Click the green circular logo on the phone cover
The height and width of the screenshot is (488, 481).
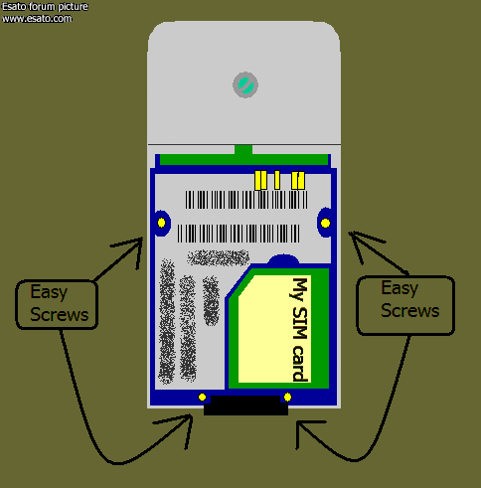click(245, 84)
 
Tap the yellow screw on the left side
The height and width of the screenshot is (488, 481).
click(161, 223)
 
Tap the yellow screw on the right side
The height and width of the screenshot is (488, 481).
click(325, 224)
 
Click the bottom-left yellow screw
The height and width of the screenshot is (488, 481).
click(202, 397)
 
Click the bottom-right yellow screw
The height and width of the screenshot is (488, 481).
click(287, 397)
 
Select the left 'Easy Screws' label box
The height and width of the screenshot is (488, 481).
click(57, 305)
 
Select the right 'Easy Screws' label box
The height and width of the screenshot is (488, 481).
click(405, 305)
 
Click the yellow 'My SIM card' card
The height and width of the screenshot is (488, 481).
click(274, 329)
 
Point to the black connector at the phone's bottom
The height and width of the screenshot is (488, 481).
click(245, 406)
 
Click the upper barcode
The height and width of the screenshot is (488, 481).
click(246, 200)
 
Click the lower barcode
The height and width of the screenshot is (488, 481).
click(239, 234)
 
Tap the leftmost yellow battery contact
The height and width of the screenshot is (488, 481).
click(261, 180)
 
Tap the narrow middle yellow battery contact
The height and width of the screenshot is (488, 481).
click(277, 180)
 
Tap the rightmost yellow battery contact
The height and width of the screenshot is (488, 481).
click(298, 181)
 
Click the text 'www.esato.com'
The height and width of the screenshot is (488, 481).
click(37, 19)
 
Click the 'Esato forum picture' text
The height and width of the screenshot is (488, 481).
click(45, 7)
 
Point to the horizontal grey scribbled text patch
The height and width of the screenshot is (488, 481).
click(219, 257)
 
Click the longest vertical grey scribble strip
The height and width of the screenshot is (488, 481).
click(167, 321)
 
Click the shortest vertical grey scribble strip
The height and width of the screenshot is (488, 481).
click(211, 300)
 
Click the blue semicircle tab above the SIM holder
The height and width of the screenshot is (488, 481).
click(283, 259)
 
